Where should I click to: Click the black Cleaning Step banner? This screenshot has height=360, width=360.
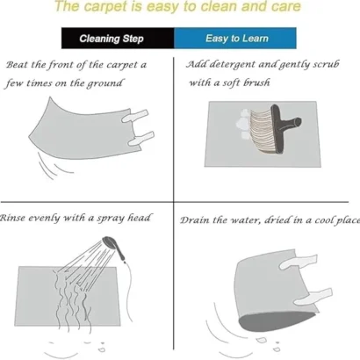point(118,38)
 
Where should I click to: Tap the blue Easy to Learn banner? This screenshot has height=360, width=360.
point(235,38)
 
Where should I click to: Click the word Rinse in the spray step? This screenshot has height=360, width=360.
point(12,218)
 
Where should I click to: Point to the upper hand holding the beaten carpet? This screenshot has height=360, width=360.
point(135,116)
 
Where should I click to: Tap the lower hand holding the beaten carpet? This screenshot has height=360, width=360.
point(141,139)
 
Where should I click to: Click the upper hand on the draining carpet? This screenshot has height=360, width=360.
point(298,262)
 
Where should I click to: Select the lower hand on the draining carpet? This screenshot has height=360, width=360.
point(313,297)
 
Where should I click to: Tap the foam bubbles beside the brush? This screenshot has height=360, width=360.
point(243,124)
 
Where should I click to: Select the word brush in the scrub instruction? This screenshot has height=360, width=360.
point(257,83)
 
